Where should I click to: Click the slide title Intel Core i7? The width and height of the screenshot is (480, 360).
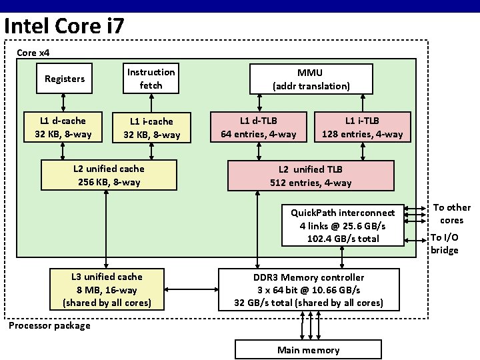pyautogui.click(x=63, y=26)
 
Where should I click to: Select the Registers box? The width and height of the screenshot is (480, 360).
pyautogui.click(x=64, y=79)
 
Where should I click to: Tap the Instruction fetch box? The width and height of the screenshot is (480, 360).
pyautogui.click(x=151, y=79)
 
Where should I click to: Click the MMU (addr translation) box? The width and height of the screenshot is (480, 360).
pyautogui.click(x=311, y=79)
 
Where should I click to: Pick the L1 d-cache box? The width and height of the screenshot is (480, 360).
pyautogui.click(x=63, y=127)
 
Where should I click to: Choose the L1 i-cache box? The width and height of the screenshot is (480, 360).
pyautogui.click(x=151, y=127)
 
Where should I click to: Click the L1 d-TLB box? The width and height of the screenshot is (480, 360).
pyautogui.click(x=259, y=127)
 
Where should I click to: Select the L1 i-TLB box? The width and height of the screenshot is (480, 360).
pyautogui.click(x=362, y=127)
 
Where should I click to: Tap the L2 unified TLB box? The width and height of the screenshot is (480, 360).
pyautogui.click(x=311, y=175)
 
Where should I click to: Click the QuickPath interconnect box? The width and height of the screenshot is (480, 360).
pyautogui.click(x=343, y=225)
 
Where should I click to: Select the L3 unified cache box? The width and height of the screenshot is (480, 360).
pyautogui.click(x=107, y=289)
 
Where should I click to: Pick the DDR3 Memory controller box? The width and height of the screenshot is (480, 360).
pyautogui.click(x=309, y=289)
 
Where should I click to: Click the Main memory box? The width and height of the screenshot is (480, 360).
pyautogui.click(x=308, y=350)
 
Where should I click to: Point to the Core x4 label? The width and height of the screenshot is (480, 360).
pyautogui.click(x=33, y=52)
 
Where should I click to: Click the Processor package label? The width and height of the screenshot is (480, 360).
pyautogui.click(x=49, y=325)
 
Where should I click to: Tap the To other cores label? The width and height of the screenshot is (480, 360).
pyautogui.click(x=451, y=213)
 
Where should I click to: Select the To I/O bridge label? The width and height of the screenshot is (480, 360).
pyautogui.click(x=444, y=243)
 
